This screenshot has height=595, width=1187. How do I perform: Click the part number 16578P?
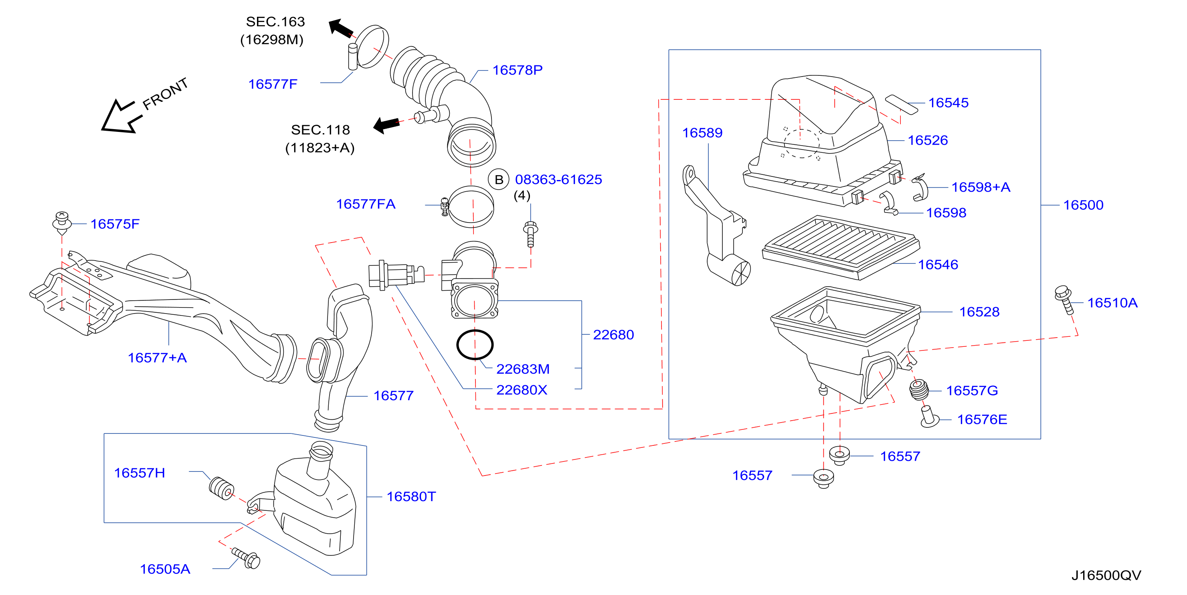pos(518,70)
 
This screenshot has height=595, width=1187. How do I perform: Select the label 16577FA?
pos(366,204)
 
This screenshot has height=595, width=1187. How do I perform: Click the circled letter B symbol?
pos(499,179)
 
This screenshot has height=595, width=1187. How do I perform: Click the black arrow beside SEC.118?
pos(386,124)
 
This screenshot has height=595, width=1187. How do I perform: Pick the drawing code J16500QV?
pos(1106,575)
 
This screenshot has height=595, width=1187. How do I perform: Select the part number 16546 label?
pos(938,265)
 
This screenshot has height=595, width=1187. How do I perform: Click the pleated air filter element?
pos(841,247)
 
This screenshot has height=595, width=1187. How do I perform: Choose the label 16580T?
pos(411,496)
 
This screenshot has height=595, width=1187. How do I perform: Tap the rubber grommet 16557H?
pos(222,488)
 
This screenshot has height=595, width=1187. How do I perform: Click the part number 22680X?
pos(522,390)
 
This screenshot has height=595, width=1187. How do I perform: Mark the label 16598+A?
pos(981,187)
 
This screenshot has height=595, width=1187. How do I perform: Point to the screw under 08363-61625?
pos(530,234)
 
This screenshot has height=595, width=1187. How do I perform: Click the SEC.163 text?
pos(275,22)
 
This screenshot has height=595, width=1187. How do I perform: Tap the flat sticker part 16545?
pos(902,104)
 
